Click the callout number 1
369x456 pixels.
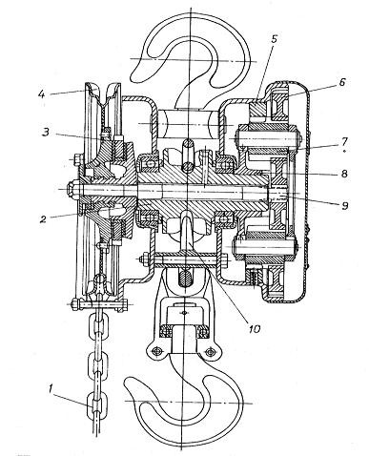[51, 388]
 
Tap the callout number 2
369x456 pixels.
[44, 219]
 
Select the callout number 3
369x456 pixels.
[47, 132]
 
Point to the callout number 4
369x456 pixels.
[41, 94]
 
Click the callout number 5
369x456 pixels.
[275, 39]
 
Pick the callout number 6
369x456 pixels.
[341, 82]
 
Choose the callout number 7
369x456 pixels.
[344, 141]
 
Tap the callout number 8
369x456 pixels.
[344, 174]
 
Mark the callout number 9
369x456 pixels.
[344, 205]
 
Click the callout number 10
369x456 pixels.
[254, 328]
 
